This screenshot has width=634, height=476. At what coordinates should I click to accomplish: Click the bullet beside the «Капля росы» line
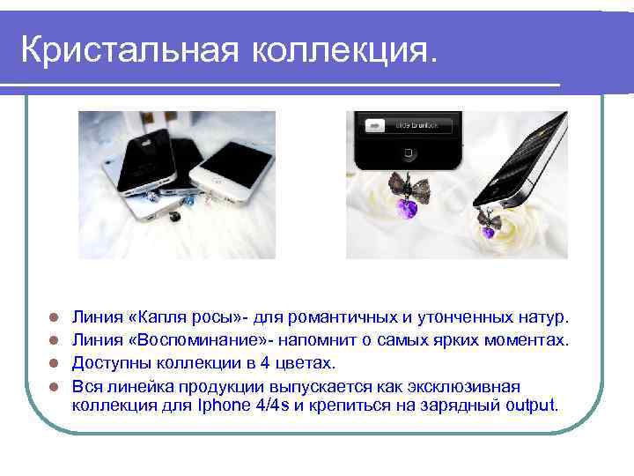coord(54,316)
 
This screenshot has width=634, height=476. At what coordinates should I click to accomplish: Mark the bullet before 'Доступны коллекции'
coord(54,363)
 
